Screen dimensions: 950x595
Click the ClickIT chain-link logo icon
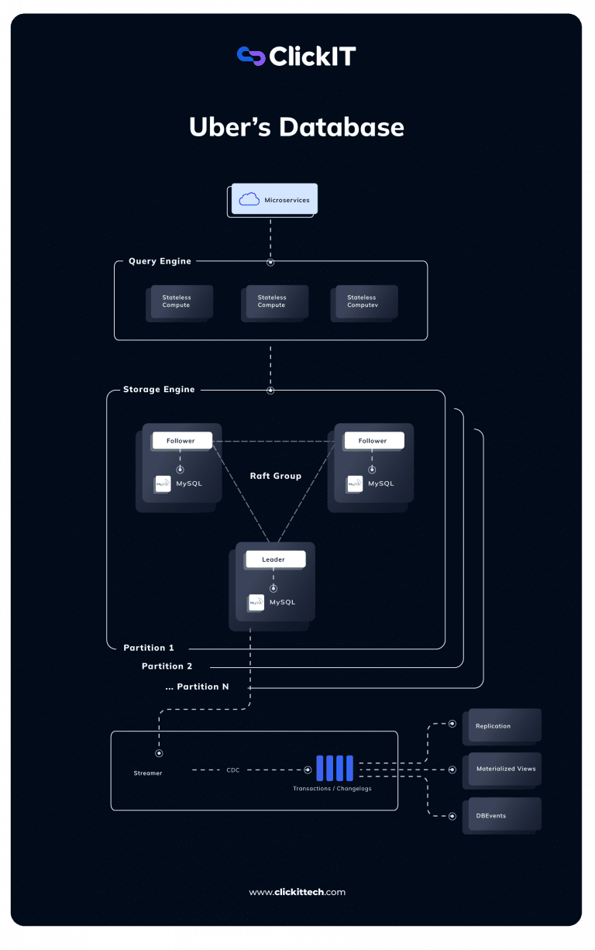251,56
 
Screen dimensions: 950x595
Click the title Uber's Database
297,127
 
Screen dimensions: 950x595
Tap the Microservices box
274,199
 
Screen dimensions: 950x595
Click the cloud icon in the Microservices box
249,200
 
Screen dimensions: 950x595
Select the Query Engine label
160,261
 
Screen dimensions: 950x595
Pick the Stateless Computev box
365,301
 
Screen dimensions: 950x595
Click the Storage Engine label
159,390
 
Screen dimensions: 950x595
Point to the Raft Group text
275,476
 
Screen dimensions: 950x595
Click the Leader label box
274,559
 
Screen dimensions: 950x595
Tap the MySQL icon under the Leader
256,602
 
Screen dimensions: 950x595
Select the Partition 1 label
149,648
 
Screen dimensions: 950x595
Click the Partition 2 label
167,666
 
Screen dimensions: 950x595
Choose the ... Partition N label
197,687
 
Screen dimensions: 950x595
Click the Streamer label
147,773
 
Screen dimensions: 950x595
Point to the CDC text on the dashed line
233,770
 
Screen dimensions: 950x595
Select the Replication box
501,726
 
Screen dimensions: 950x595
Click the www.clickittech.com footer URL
297,892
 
